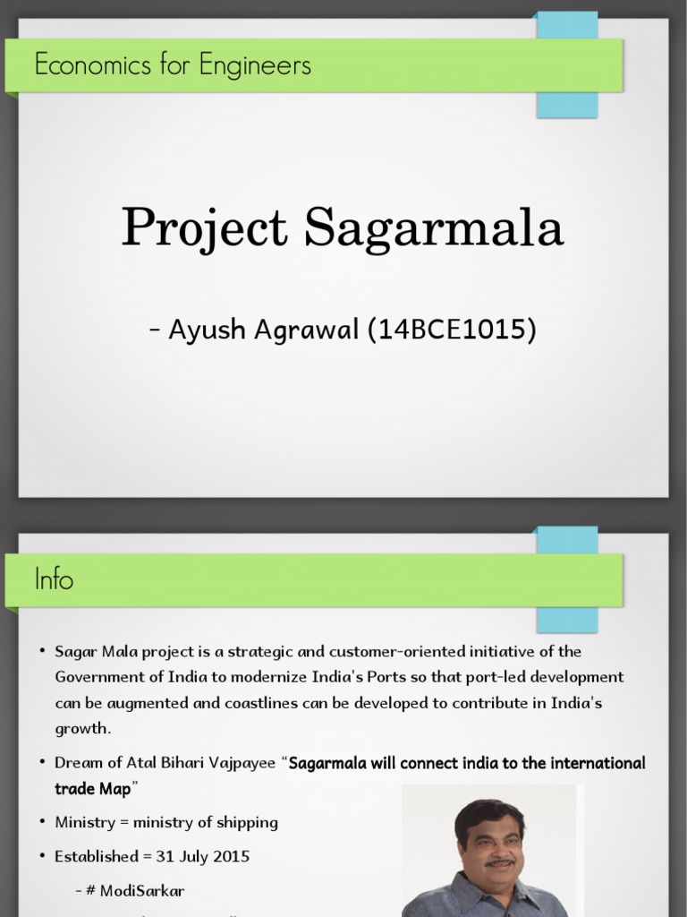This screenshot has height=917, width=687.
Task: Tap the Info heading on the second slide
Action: click(54, 579)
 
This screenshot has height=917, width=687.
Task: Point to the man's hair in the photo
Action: click(490, 813)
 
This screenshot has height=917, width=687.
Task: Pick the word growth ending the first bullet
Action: click(81, 728)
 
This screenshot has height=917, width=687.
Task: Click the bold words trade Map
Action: click(93, 788)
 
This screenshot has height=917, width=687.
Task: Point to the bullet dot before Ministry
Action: click(42, 821)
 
